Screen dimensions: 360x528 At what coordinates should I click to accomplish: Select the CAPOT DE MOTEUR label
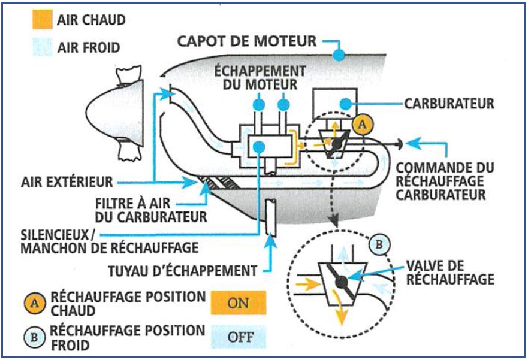(x=247, y=41)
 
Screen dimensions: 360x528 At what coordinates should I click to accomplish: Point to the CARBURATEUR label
(x=449, y=103)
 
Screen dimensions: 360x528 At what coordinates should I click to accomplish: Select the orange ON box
(x=238, y=302)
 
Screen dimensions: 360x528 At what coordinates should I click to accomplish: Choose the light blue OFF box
(x=238, y=336)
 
